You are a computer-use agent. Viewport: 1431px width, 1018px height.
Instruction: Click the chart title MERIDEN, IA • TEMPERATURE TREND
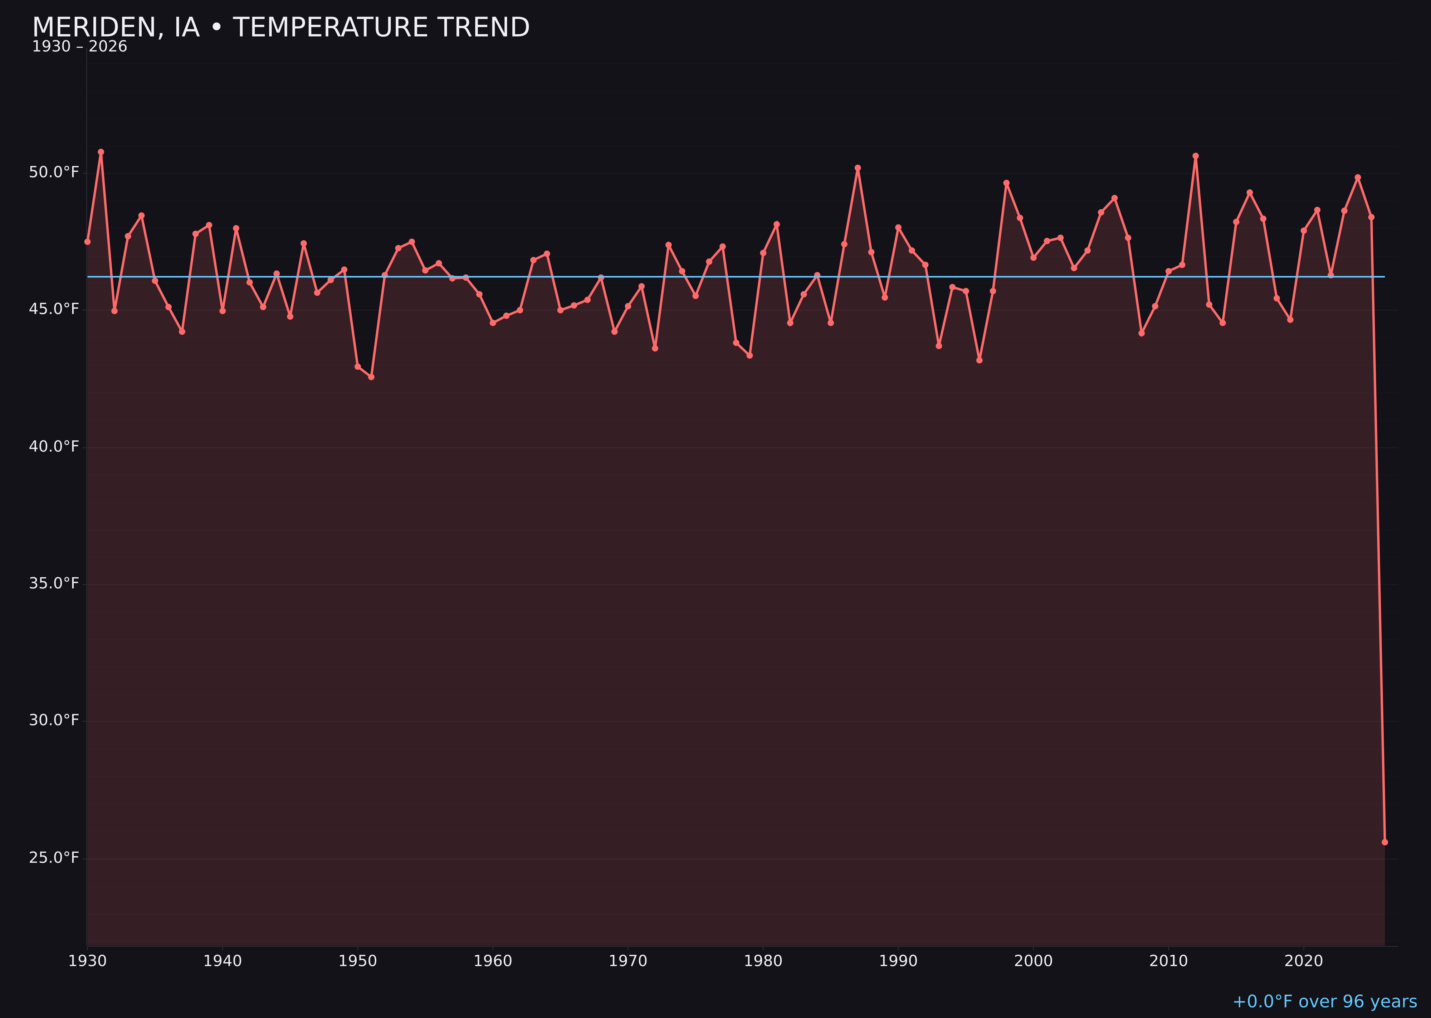[x=281, y=28]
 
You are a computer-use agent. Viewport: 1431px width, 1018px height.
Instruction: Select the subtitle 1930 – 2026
[x=79, y=47]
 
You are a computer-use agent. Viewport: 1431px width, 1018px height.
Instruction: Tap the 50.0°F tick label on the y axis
[x=54, y=173]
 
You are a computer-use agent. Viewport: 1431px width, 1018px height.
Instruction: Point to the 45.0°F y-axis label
[x=54, y=309]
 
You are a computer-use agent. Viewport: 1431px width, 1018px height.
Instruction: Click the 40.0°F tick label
[x=54, y=446]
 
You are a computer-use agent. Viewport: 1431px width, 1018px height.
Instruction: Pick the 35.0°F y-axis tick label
[x=54, y=583]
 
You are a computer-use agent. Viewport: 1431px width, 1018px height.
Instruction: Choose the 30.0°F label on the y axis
[x=54, y=720]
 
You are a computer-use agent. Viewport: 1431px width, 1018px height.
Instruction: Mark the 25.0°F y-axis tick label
[x=54, y=858]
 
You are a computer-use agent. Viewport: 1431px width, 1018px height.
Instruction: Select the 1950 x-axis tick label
[x=358, y=961]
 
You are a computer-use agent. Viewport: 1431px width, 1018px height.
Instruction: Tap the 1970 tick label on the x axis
[x=628, y=961]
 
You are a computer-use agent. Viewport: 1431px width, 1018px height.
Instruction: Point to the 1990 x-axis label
[x=898, y=961]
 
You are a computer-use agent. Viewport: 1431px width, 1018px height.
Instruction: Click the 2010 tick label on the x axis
[x=1168, y=961]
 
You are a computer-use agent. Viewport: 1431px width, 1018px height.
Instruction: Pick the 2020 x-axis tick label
[x=1304, y=961]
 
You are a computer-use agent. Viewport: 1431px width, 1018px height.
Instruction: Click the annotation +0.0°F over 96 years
[x=1324, y=1002]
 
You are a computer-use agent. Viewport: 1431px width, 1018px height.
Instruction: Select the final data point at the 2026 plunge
[x=1384, y=842]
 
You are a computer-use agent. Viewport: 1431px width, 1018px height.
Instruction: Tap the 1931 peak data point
[x=101, y=152]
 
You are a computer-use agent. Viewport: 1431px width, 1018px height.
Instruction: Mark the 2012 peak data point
[x=1196, y=156]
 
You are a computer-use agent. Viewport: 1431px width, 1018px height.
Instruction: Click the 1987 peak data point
[x=858, y=168]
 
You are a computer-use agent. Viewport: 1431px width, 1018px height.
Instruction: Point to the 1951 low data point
[x=371, y=377]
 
